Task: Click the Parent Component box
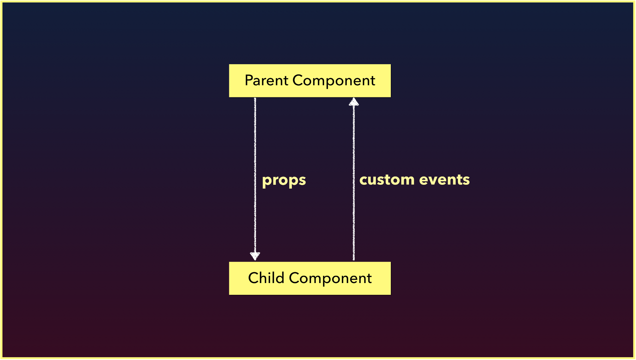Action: pos(310,81)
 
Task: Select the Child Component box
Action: pos(310,278)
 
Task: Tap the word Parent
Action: pos(266,80)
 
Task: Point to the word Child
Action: pos(266,278)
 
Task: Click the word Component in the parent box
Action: pos(334,81)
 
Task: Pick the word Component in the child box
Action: pos(330,279)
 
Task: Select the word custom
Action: pos(387,180)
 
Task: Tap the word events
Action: pos(445,180)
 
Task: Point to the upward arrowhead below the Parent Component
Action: pos(354,102)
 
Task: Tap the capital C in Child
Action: pos(254,278)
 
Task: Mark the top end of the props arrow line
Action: pos(255,98)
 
